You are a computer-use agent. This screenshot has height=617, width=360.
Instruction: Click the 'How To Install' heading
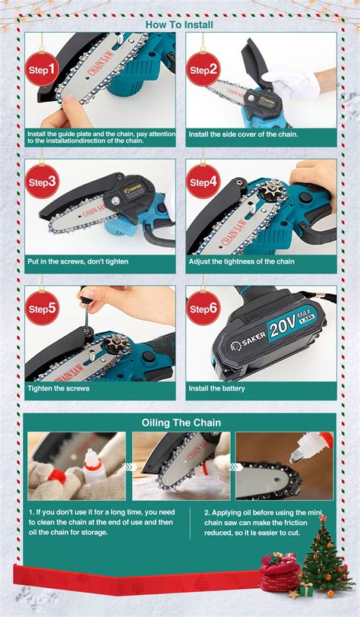coord(179,24)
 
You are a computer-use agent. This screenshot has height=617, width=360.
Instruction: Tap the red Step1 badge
coord(43,71)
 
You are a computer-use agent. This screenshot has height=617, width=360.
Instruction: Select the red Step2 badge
coord(203,70)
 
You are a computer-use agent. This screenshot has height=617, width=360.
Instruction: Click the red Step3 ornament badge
coord(43,182)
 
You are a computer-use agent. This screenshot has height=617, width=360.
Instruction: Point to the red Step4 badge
coord(203,182)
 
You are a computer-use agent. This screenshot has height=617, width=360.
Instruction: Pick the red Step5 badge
coord(43,308)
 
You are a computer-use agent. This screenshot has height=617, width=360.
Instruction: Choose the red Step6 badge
coord(203,308)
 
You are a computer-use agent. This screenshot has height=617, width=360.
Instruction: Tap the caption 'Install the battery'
coord(217,388)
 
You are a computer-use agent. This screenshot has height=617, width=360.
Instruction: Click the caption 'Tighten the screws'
coord(58,388)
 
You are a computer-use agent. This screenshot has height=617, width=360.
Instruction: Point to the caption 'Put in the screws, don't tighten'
coord(77,262)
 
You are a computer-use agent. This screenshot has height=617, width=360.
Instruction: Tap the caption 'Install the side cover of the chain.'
coord(243,134)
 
